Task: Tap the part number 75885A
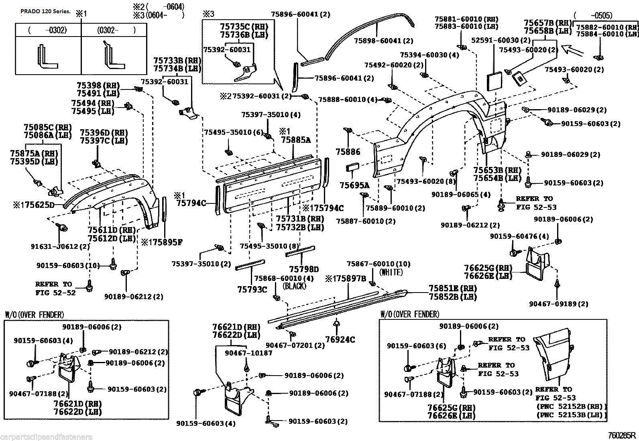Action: coord(296,140)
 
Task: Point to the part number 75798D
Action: coord(304,269)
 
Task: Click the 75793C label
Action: coord(252,289)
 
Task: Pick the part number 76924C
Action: coord(340,340)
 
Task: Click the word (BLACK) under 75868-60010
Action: coord(294,286)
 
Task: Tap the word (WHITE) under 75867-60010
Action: coord(391,272)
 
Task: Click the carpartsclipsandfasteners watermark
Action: coord(47,437)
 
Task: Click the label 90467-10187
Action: coord(248,353)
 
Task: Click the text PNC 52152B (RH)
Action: coord(571,406)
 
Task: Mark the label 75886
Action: coord(348,152)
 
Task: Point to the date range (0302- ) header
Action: coord(116,30)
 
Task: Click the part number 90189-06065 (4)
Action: coord(461,195)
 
